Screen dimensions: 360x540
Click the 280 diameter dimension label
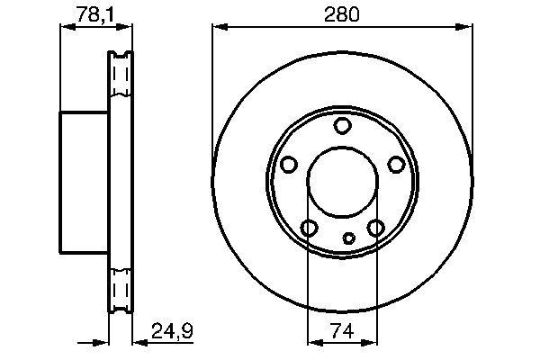pos(343,14)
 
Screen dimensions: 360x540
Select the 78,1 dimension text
pos(88,14)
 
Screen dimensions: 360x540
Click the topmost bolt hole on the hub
pos(342,126)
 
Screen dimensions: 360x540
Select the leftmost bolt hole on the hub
pos(288,165)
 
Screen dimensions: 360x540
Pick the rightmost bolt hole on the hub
pos(396,165)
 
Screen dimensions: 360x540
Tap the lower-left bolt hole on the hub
pos(309,229)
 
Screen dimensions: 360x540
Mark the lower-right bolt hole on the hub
pos(376,229)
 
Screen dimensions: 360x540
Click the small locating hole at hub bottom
pos(350,239)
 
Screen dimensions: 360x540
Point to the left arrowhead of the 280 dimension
pos(217,28)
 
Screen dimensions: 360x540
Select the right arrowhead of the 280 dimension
pos(468,28)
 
